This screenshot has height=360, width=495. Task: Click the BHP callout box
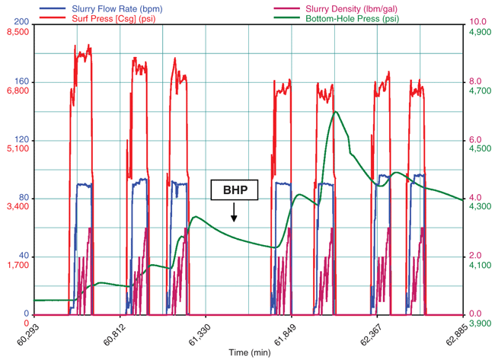[235, 190]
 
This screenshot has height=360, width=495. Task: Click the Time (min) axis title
[249, 352]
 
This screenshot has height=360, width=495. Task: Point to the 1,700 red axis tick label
[17, 265]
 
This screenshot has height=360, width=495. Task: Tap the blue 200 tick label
[21, 23]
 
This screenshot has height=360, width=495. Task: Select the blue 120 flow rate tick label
[21, 140]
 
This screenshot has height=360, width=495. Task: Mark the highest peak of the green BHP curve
[335, 112]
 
